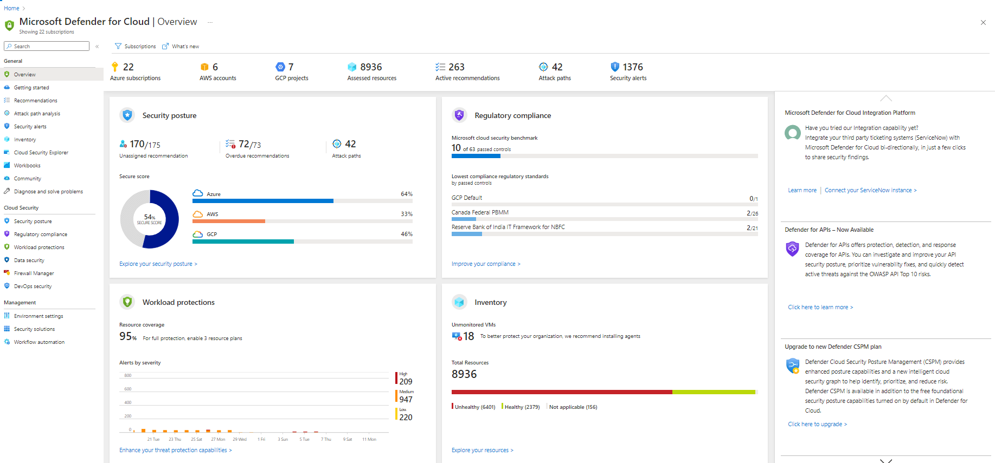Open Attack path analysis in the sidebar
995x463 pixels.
37,114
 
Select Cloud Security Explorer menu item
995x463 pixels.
41,153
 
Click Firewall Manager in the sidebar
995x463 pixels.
34,273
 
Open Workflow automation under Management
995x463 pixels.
39,342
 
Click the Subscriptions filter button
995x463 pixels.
136,47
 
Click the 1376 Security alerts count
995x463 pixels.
632,67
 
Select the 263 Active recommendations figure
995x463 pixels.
456,67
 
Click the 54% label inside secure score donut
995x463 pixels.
149,218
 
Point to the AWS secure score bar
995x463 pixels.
229,221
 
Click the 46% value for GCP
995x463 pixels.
406,234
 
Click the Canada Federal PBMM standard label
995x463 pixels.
480,212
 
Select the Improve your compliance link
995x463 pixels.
485,264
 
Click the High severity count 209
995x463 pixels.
406,382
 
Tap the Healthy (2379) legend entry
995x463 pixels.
522,407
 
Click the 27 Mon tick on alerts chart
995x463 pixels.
218,439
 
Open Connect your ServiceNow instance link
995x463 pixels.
870,191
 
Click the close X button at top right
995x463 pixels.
983,23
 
